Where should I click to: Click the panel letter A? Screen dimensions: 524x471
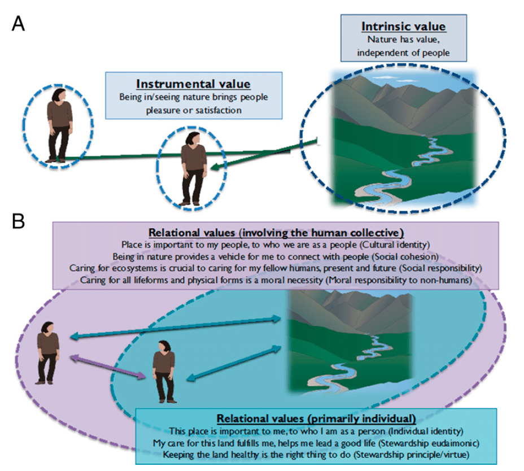(x=18, y=24)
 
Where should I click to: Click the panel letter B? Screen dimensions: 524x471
(x=18, y=221)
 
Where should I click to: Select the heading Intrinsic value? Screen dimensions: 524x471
(x=403, y=27)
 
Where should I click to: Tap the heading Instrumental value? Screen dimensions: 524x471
(x=193, y=84)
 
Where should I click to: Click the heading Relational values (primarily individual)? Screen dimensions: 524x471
(x=316, y=418)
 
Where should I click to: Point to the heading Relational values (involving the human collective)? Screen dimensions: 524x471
(x=276, y=232)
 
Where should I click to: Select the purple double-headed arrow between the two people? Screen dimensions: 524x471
(x=108, y=367)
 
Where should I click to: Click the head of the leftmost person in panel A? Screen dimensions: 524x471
(x=59, y=95)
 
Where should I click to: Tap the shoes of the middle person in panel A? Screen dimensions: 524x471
(x=190, y=203)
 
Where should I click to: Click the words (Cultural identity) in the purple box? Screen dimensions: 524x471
(x=395, y=245)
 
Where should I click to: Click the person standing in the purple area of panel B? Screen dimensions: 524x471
(x=48, y=352)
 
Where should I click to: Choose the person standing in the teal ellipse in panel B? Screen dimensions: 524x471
(x=164, y=372)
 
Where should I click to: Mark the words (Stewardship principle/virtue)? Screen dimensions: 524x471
(x=412, y=455)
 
